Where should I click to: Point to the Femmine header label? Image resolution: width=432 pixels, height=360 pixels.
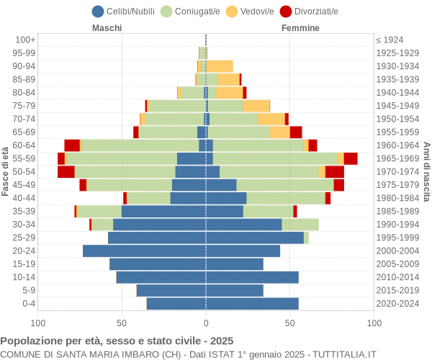[300, 28]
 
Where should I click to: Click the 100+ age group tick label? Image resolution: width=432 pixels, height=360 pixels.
[25, 40]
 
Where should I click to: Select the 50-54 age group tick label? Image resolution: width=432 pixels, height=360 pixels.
[25, 171]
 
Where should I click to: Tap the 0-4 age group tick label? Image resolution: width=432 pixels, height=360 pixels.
[29, 304]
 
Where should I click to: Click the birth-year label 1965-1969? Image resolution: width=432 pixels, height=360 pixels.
[398, 158]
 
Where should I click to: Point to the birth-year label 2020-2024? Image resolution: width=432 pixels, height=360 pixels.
[398, 304]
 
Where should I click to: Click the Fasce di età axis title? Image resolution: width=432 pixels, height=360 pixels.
[6, 171]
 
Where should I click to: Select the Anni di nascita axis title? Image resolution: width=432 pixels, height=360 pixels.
[426, 171]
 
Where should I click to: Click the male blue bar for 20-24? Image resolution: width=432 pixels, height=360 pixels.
[144, 251]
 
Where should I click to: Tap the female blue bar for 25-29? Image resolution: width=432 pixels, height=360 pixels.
[254, 238]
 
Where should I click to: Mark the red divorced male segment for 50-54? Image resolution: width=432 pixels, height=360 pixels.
[66, 171]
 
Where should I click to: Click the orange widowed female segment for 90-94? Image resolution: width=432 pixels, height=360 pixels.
[220, 66]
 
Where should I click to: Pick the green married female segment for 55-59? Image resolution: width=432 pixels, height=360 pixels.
[274, 158]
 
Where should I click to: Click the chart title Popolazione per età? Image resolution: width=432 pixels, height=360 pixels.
[117, 341]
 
